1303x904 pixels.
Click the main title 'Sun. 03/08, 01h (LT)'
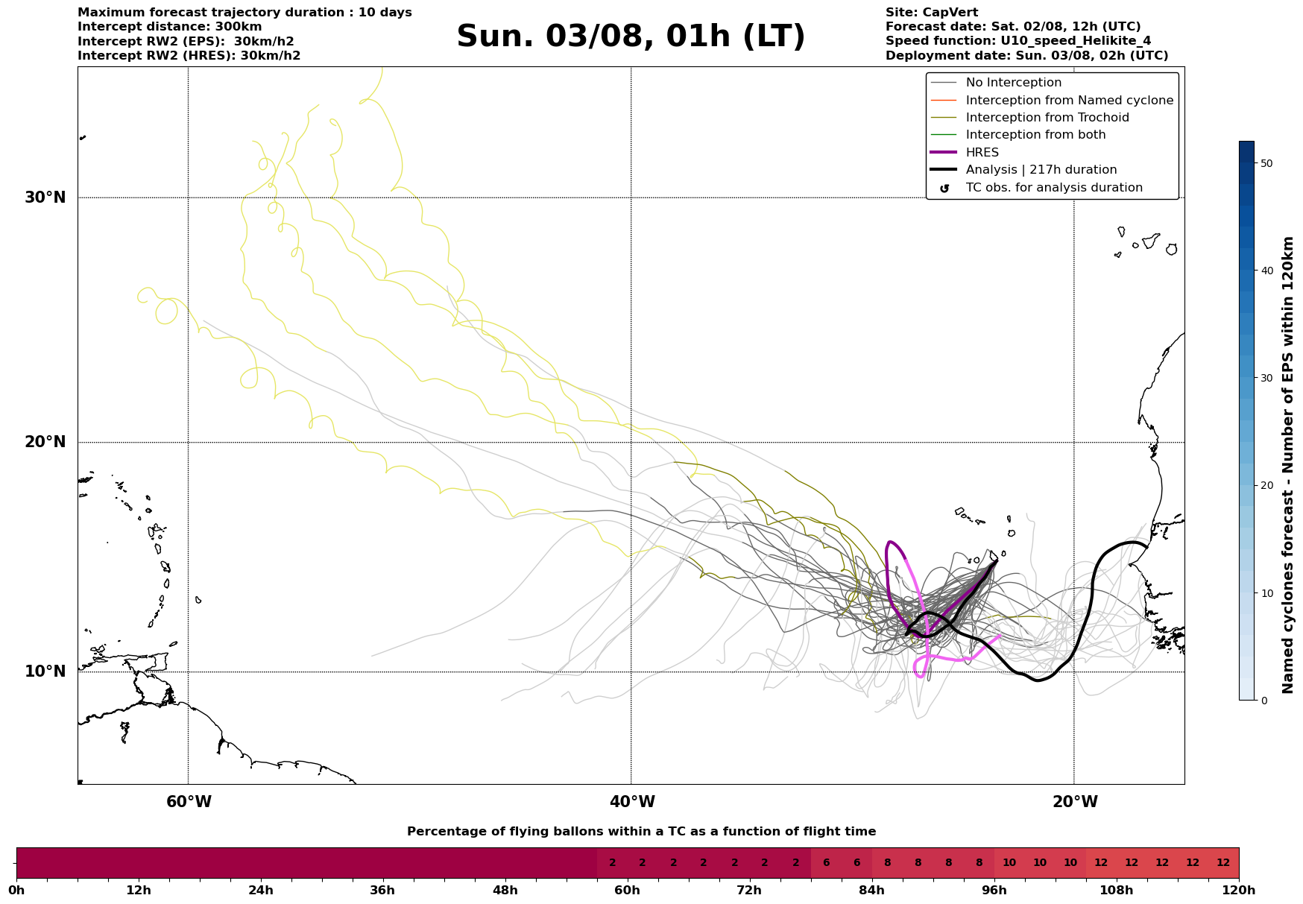(x=631, y=37)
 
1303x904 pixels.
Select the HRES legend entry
(x=982, y=153)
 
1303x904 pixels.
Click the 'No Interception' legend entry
(x=1013, y=83)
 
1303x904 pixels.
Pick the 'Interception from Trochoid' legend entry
(x=1047, y=118)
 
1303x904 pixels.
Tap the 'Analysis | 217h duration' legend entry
(x=1041, y=170)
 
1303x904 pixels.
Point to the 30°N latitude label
(x=45, y=197)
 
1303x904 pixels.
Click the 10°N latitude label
(x=45, y=671)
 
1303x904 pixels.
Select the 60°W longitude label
(x=189, y=802)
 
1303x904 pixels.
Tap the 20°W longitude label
(x=1074, y=802)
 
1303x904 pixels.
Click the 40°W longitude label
(x=632, y=802)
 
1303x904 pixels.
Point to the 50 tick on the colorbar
(x=1266, y=163)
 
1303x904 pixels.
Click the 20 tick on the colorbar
(x=1266, y=486)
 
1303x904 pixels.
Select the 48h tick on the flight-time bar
(x=505, y=891)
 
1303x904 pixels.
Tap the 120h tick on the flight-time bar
(x=1239, y=891)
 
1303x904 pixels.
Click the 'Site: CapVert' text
(x=931, y=13)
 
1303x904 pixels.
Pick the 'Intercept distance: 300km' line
(x=169, y=27)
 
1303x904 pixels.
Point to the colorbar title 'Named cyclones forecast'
(x=1287, y=465)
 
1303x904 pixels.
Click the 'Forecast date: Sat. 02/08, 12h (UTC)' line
(x=1012, y=27)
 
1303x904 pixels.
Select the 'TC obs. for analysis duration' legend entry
(x=1053, y=188)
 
